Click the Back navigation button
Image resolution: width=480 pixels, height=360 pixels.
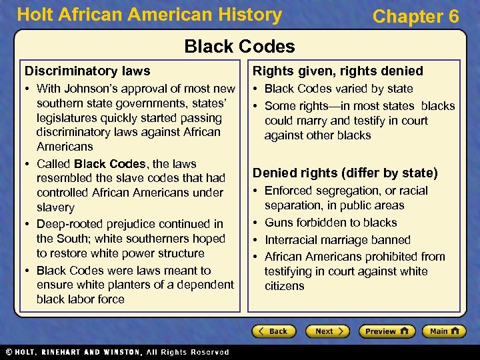coord(273,331)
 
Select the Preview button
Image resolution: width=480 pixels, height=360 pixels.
coord(387,331)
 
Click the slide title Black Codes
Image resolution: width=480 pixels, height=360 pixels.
coord(239,46)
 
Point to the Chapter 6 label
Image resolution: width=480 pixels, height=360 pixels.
coord(416,16)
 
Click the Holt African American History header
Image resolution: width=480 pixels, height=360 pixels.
coord(149,15)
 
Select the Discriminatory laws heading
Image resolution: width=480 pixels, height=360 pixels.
coord(87,71)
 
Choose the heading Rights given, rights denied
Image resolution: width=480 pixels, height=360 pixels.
coord(337,71)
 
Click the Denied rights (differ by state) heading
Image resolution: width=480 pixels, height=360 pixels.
coord(345,173)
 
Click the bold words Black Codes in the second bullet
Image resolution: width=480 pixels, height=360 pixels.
coord(110,164)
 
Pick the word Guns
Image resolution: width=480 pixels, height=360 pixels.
coord(279,223)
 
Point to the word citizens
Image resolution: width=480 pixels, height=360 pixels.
coord(284,286)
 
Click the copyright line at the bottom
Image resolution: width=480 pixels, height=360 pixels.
coord(117,352)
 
